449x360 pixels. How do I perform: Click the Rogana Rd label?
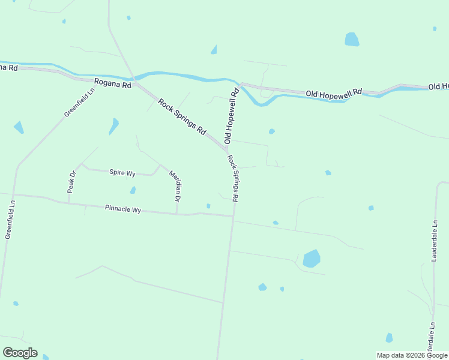point(112,85)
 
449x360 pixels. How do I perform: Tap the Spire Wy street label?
point(122,173)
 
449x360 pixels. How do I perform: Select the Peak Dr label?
point(72,182)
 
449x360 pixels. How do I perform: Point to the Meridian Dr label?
point(175,184)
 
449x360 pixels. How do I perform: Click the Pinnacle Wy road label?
point(122,209)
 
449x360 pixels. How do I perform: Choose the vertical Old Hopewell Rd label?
point(232,116)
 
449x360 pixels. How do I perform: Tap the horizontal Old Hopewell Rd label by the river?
point(334,93)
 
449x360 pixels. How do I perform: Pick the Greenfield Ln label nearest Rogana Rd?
point(80,103)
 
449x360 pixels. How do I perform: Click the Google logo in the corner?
point(20,353)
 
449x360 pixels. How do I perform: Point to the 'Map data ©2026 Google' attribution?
point(412,355)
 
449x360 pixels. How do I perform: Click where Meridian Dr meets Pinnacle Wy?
point(176,213)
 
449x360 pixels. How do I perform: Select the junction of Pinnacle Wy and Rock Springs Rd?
point(234,217)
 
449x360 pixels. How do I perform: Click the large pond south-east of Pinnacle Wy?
point(312,259)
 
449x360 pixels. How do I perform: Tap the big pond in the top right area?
point(352,40)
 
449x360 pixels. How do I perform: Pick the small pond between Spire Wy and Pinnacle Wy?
point(133,190)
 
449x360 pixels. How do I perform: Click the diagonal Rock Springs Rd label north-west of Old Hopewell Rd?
point(182,116)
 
